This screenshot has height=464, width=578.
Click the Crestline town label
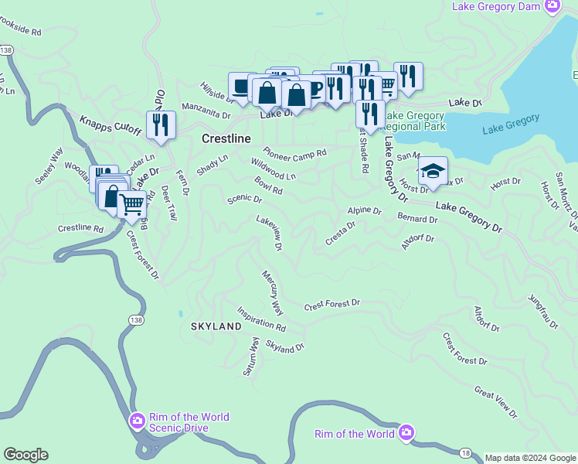point(226,138)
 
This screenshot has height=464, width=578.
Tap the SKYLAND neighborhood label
point(216,327)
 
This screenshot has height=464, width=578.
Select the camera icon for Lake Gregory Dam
point(552,7)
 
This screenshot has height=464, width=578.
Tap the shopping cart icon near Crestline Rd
point(132,205)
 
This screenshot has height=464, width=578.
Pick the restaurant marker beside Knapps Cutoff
point(161,125)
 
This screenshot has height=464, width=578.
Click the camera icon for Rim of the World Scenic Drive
point(137,421)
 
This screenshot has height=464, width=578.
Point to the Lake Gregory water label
point(510,125)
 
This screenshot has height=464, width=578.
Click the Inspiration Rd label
point(261,320)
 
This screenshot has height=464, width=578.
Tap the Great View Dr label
point(495,403)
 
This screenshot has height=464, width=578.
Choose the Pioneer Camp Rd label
point(294,152)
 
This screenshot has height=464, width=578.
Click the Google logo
point(25,455)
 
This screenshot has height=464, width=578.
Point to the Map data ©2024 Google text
point(530,458)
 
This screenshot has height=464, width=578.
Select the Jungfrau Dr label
point(542,312)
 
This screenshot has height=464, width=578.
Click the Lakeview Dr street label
point(270,233)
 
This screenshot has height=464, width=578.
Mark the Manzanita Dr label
point(206,111)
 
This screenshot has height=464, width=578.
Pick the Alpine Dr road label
point(364,210)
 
